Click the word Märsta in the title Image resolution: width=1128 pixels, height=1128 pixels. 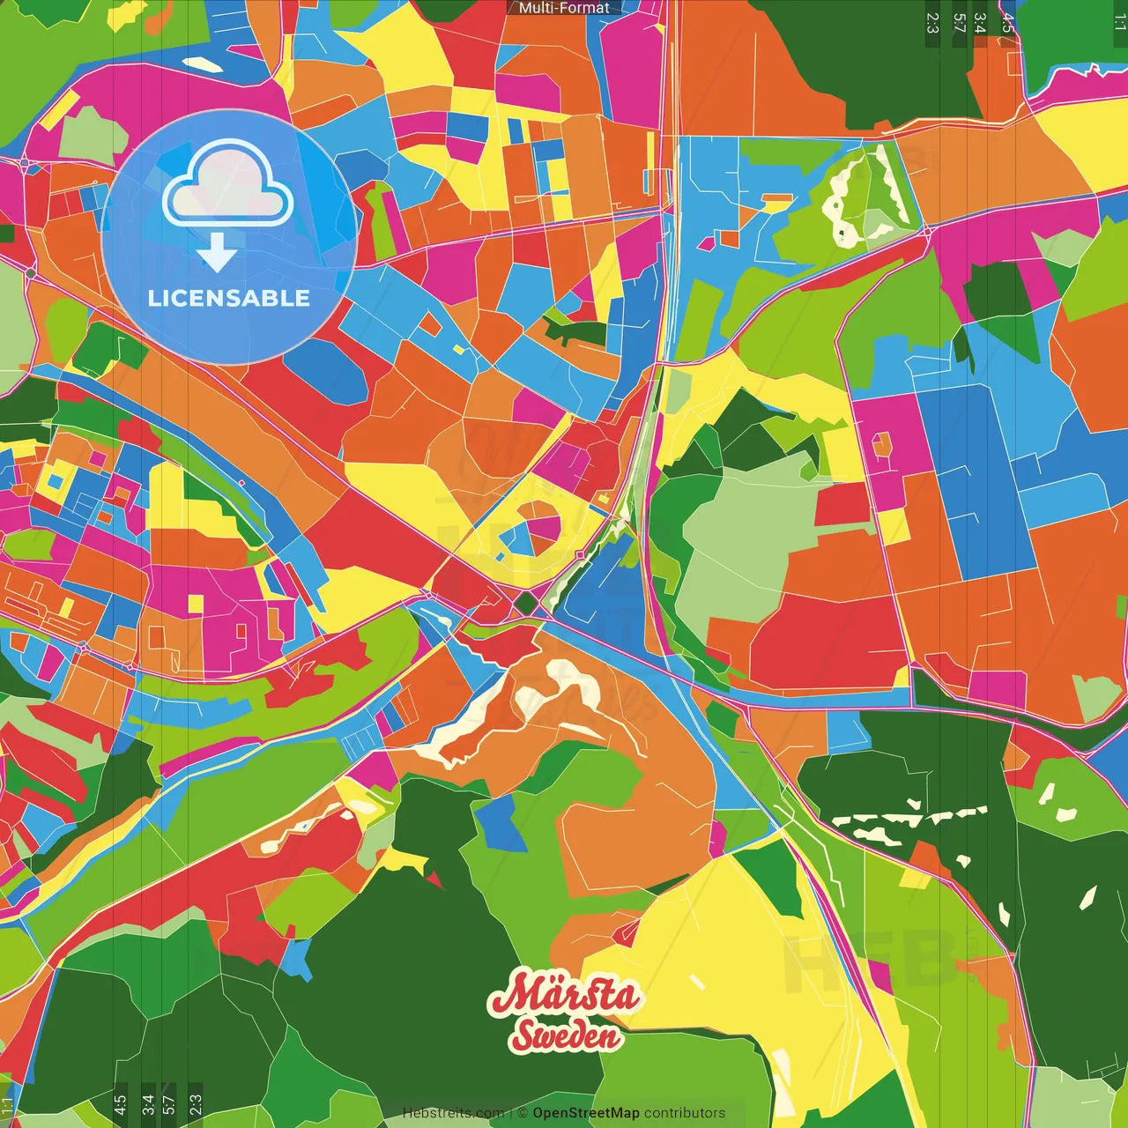564,995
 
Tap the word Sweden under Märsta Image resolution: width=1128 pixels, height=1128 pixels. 566,1035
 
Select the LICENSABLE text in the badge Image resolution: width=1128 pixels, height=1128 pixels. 229,298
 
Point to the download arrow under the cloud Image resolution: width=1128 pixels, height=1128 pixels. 217,253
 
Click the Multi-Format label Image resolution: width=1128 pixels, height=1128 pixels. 564,8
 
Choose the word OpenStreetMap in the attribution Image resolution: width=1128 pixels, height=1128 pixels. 586,1113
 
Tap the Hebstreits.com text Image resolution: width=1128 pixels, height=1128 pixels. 453,1113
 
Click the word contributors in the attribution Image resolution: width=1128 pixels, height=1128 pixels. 685,1113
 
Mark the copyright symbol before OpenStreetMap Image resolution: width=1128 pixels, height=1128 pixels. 523,1113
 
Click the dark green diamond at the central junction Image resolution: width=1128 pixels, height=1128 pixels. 527,605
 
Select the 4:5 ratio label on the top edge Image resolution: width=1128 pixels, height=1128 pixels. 1007,23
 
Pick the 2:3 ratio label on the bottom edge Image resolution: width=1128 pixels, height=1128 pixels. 196,1104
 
